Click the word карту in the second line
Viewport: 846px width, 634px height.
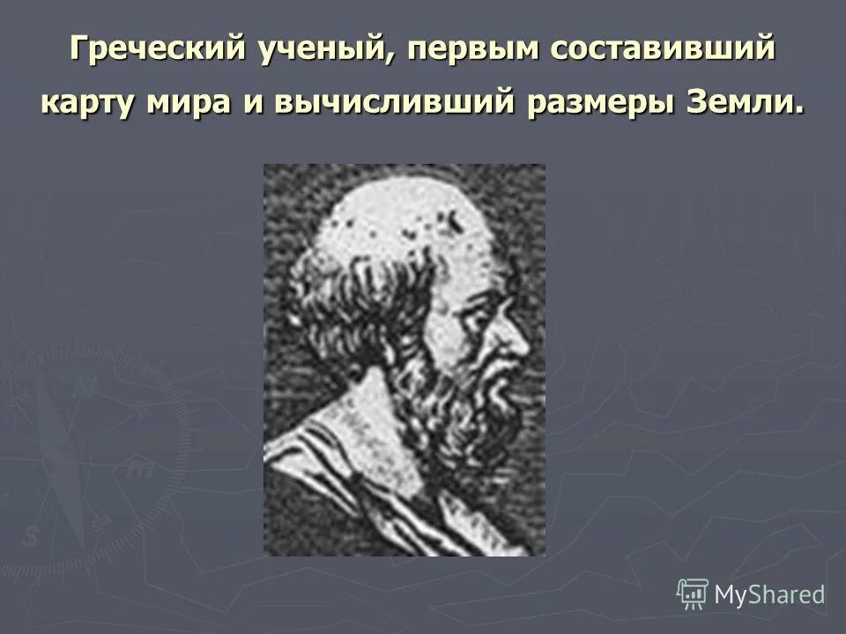pos(98,102)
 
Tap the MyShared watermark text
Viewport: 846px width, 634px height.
pos(769,594)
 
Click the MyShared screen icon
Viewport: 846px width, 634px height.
pos(692,593)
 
